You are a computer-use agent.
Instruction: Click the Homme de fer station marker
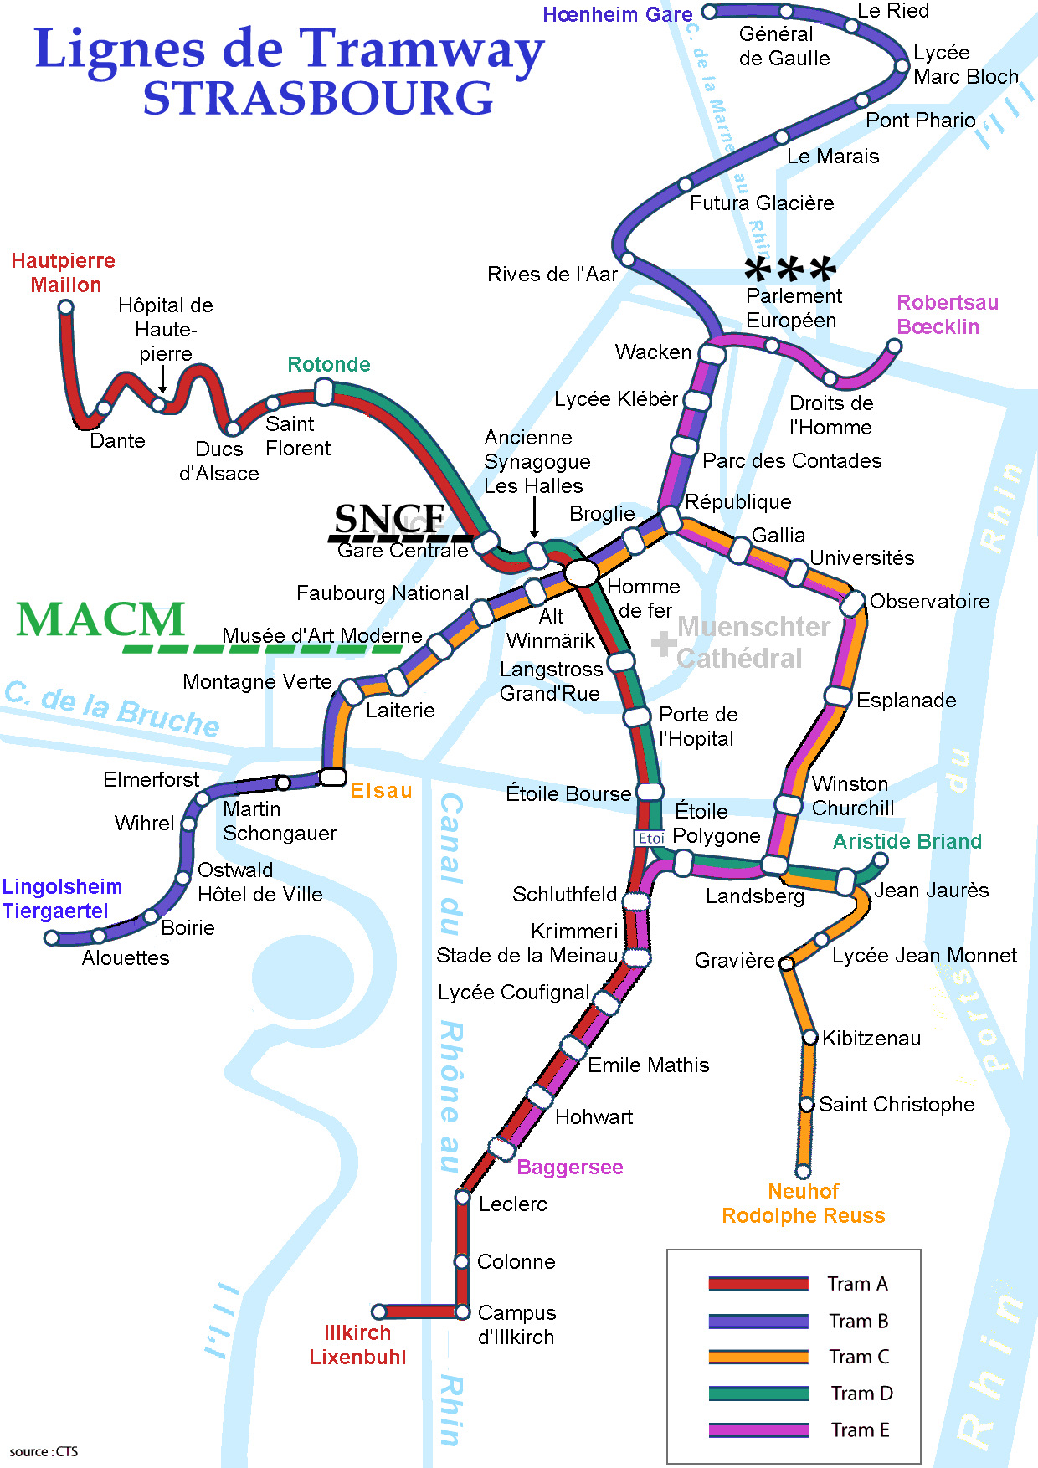pyautogui.click(x=582, y=573)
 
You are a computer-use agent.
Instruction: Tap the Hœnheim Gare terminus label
pyautogui.click(x=617, y=14)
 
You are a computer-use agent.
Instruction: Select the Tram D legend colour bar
pyautogui.click(x=758, y=1394)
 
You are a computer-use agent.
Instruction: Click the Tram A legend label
pyautogui.click(x=857, y=1284)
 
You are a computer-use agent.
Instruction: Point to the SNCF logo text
pyautogui.click(x=390, y=519)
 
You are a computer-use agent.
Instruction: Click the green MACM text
pyautogui.click(x=100, y=620)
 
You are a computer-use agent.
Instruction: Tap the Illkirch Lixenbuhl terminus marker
pyautogui.click(x=379, y=1311)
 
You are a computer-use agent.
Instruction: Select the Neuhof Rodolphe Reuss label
pyautogui.click(x=803, y=1204)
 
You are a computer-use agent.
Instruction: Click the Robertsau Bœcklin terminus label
pyautogui.click(x=947, y=315)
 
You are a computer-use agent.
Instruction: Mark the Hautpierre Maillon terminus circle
pyautogui.click(x=66, y=307)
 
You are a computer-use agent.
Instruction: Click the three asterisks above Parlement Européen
pyautogui.click(x=789, y=269)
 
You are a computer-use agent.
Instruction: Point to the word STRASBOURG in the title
pyautogui.click(x=318, y=99)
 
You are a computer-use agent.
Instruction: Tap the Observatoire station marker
pyautogui.click(x=852, y=603)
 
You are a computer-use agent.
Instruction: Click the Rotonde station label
pyautogui.click(x=328, y=365)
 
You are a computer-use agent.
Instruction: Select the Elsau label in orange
pyautogui.click(x=381, y=791)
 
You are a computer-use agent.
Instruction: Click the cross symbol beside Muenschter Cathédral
pyautogui.click(x=664, y=644)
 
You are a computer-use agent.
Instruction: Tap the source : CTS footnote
pyautogui.click(x=44, y=1452)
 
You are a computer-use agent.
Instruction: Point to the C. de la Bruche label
pyautogui.click(x=112, y=710)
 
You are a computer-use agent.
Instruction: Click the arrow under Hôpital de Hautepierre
pyautogui.click(x=163, y=380)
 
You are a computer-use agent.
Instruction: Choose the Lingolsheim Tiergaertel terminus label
pyautogui.click(x=62, y=899)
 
